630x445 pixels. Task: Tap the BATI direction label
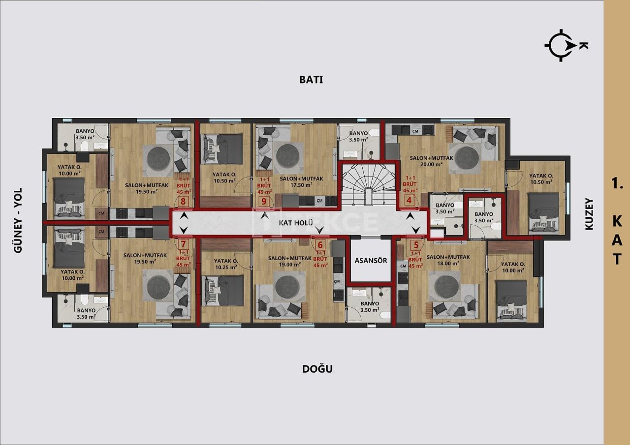tap(311, 79)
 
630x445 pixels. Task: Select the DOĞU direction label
tap(317, 368)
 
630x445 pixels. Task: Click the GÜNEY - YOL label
tap(19, 221)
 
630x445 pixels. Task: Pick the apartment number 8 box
tap(183, 201)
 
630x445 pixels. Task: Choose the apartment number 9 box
tap(264, 201)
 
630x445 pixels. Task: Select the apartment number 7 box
tap(183, 244)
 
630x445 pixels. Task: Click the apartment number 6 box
tap(320, 244)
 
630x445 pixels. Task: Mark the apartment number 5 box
tap(416, 244)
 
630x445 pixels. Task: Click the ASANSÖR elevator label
tap(371, 260)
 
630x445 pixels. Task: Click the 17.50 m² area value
tap(302, 185)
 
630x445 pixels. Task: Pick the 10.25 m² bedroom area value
tap(226, 267)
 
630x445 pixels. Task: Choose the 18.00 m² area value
tap(448, 263)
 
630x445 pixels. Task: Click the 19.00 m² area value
tap(289, 264)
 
